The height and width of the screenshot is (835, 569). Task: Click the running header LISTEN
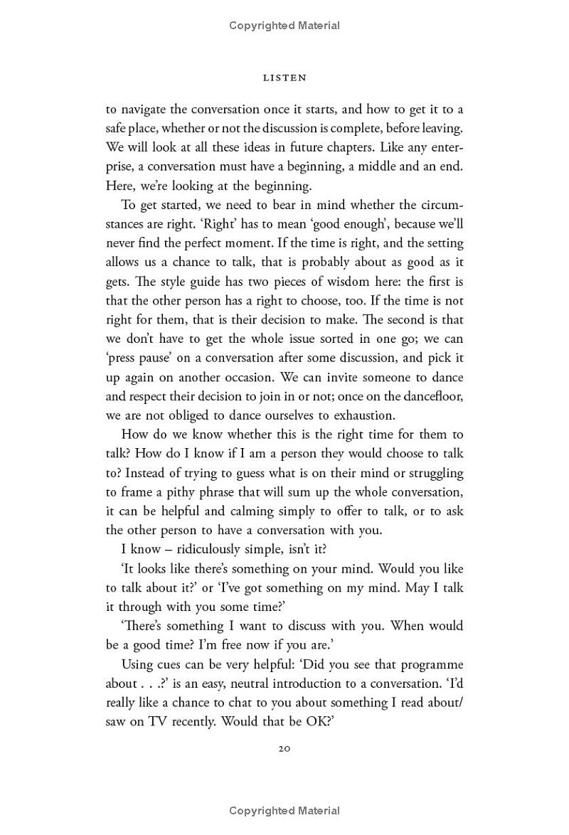[284, 78]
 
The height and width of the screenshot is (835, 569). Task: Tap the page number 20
[284, 748]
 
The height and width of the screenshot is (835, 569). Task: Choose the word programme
[422, 664]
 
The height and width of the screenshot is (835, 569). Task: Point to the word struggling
[427, 473]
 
